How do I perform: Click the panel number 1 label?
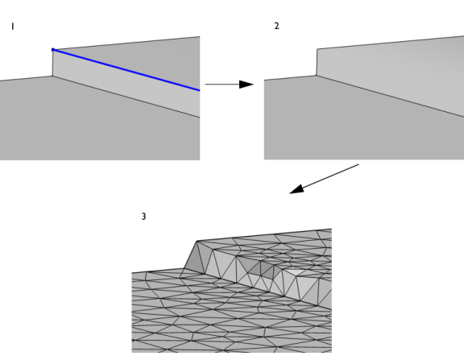pos(12,27)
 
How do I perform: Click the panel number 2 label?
pos(276,26)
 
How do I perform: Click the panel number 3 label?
pos(144,217)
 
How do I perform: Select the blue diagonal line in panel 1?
pos(126,70)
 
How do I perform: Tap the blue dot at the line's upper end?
pos(53,50)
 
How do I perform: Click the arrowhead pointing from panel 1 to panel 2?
pos(246,85)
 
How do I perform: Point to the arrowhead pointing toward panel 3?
pos(296,189)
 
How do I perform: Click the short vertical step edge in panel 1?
pos(52,63)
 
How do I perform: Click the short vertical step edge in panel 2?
pos(317,62)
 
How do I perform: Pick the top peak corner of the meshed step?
pos(197,241)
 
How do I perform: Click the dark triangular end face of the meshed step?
pos(194,259)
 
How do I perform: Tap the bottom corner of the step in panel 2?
pos(317,76)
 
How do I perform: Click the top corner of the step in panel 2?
pos(317,49)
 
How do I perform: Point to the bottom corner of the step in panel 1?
pos(52,77)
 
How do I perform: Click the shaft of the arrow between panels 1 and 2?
pos(222,85)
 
